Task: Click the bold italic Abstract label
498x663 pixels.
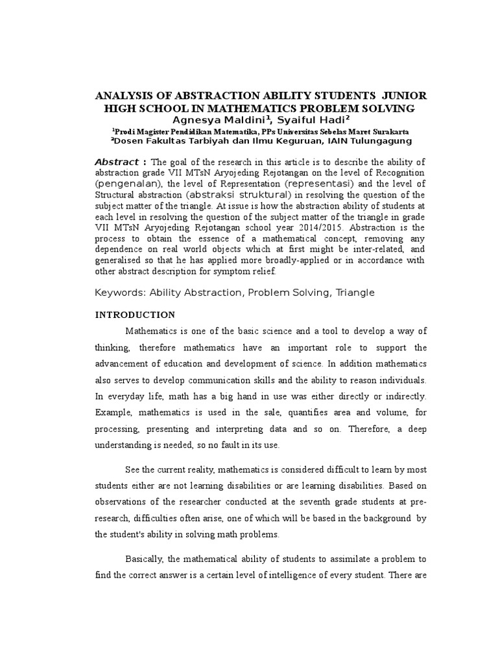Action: (117, 162)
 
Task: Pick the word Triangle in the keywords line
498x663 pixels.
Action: (355, 293)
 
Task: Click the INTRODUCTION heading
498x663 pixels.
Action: (135, 315)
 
